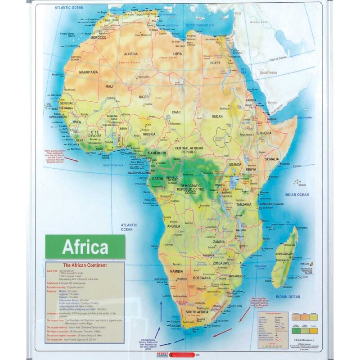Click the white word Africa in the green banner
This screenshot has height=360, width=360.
point(85,247)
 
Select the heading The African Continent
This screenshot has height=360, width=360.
point(85,265)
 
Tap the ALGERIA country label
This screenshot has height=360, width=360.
point(130,54)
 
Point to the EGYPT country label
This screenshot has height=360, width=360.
point(215,63)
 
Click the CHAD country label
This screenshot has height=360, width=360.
point(176,112)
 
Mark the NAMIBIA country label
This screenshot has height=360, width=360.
point(173,271)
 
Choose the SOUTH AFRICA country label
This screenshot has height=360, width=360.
point(197,312)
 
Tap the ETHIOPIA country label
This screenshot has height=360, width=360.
point(264,133)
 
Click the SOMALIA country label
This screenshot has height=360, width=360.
point(272,159)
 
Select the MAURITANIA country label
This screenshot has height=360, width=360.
point(88,72)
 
